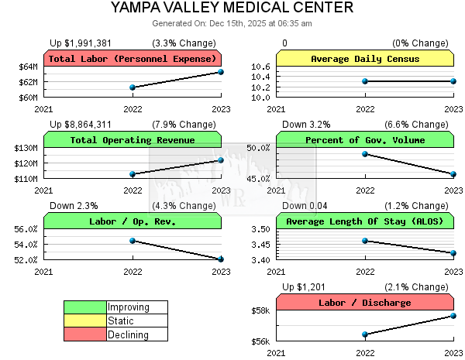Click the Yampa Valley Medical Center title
tap(232, 9)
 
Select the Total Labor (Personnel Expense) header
tap(133, 59)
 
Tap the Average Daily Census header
tap(365, 59)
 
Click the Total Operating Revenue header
tap(133, 140)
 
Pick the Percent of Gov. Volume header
tap(365, 140)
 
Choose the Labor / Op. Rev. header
tap(133, 221)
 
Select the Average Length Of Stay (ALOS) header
tap(365, 221)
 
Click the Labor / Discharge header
tap(365, 303)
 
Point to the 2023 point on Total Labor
tap(221, 72)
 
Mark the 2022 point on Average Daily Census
tap(365, 81)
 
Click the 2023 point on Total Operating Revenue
tap(221, 160)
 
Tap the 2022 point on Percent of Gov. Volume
tap(365, 154)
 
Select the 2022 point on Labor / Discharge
tap(365, 334)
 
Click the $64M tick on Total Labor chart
tap(28, 67)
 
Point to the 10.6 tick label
tap(260, 67)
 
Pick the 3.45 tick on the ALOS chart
tap(260, 245)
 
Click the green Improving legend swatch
tap(84, 307)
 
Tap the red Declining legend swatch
tap(84, 335)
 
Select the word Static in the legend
tap(121, 321)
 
